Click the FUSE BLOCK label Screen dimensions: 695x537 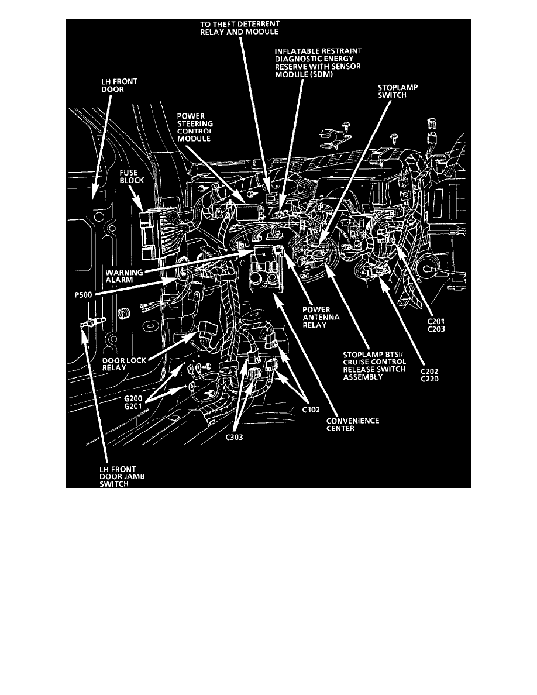click(132, 177)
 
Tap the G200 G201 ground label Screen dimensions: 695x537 click(133, 404)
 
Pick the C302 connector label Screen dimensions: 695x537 click(313, 410)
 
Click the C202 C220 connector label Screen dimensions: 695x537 click(430, 375)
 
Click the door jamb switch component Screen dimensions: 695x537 click(89, 322)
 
